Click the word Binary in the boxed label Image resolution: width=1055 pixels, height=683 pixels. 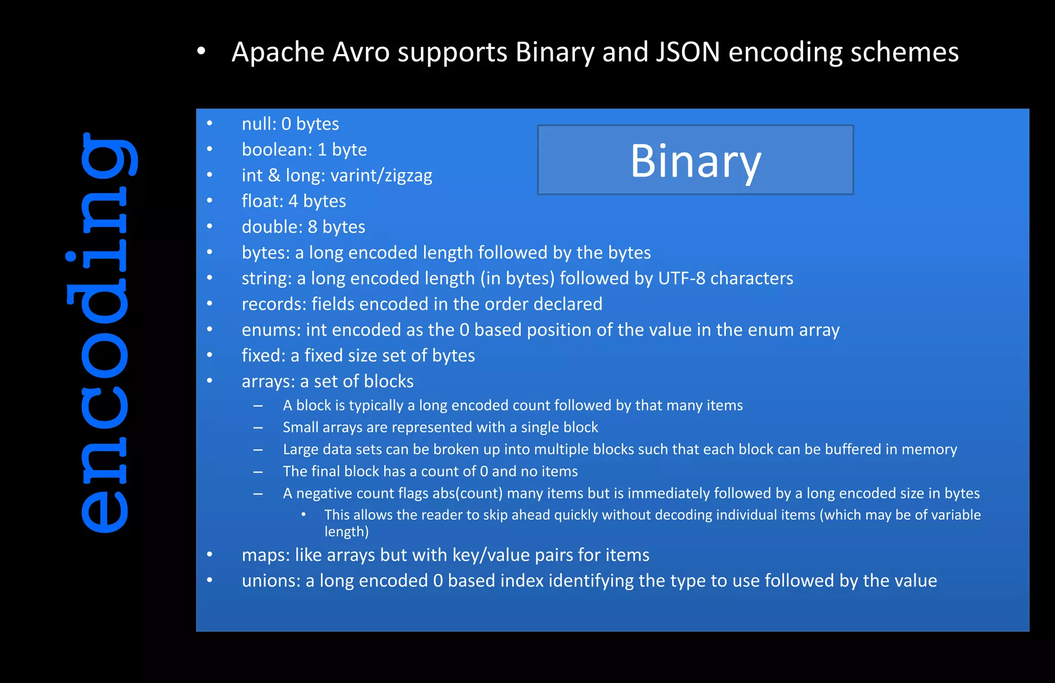[x=695, y=161]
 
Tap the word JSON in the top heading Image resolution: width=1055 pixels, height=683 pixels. [x=687, y=52]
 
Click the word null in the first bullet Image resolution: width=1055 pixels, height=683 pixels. [x=257, y=124]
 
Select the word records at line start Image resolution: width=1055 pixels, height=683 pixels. [x=274, y=304]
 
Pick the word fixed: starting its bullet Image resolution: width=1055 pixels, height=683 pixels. [x=263, y=356]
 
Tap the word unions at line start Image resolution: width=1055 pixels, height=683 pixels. [x=270, y=581]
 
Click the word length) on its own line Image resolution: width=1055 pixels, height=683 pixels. [x=346, y=531]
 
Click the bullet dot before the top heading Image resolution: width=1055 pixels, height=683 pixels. [x=201, y=51]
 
